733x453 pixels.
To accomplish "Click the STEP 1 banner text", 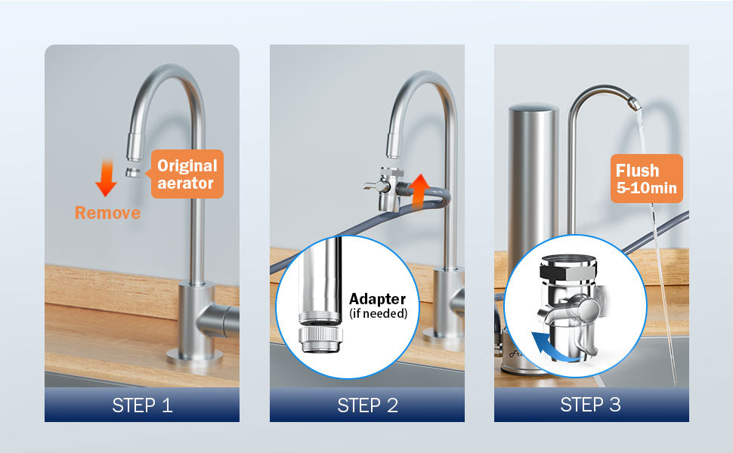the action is [x=142, y=405].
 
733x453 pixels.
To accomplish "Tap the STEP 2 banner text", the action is [x=367, y=405].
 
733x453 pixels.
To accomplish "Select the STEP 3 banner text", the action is [x=590, y=405].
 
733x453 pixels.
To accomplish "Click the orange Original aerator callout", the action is [x=187, y=174].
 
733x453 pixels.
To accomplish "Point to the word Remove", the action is [x=107, y=213].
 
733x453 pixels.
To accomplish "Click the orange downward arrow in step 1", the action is [x=107, y=178].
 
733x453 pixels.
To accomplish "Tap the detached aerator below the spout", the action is [x=133, y=172].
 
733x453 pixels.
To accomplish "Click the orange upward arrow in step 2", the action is [x=420, y=190].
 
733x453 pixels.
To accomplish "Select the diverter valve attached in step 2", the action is [x=387, y=188].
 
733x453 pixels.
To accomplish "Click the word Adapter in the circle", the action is [x=377, y=299].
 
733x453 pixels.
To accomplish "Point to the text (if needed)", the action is [x=378, y=313].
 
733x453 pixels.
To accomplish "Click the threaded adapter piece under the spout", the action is [x=320, y=340].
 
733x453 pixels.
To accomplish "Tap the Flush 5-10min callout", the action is [x=647, y=179].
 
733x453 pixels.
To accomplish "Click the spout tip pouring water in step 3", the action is [x=634, y=103].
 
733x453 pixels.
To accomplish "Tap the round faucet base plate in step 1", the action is [x=194, y=357].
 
